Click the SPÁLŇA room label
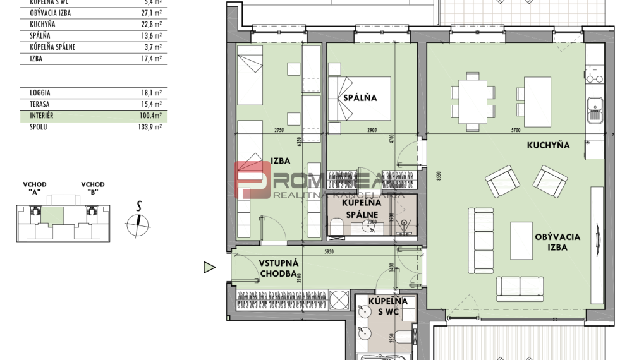point(360,98)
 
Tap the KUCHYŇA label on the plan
point(548,145)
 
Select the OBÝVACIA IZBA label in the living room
point(557,242)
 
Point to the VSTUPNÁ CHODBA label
point(278,268)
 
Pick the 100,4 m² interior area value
point(152,116)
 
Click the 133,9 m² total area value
point(152,127)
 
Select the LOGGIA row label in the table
point(40,93)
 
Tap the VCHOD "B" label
point(93,188)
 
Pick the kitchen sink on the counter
point(594,111)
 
